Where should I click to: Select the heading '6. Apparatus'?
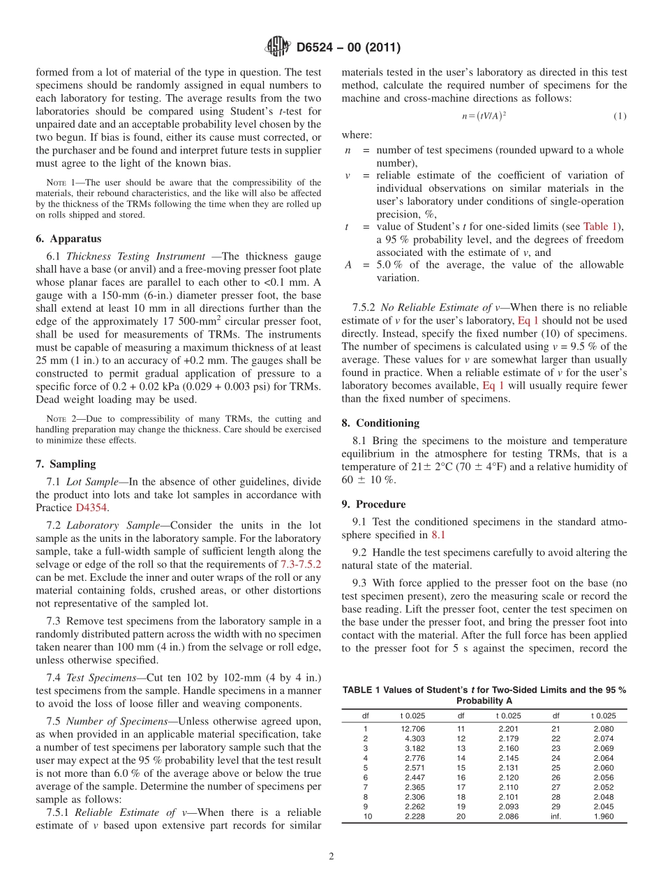coord(68,238)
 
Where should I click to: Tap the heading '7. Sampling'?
coord(66,464)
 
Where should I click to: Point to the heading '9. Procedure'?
coord(373,504)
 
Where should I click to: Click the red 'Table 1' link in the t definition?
coord(604,227)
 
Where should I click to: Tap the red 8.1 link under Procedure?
coord(438,535)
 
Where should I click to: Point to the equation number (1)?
coord(619,116)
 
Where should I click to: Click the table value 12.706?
coord(413,729)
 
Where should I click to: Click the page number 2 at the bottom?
coord(331,857)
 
